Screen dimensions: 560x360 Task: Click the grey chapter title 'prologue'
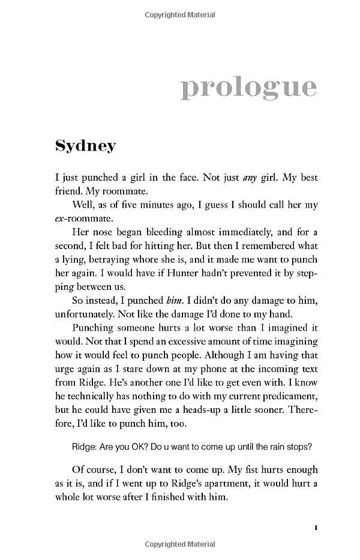click(248, 88)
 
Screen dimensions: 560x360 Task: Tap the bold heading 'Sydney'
click(85, 146)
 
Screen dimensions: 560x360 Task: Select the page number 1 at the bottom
click(315, 528)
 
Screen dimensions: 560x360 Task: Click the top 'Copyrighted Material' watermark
click(180, 15)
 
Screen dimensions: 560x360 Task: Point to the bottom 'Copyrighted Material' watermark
click(180, 544)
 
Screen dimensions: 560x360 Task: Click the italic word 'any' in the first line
click(250, 178)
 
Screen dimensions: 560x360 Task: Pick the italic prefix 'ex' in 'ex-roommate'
click(60, 219)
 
